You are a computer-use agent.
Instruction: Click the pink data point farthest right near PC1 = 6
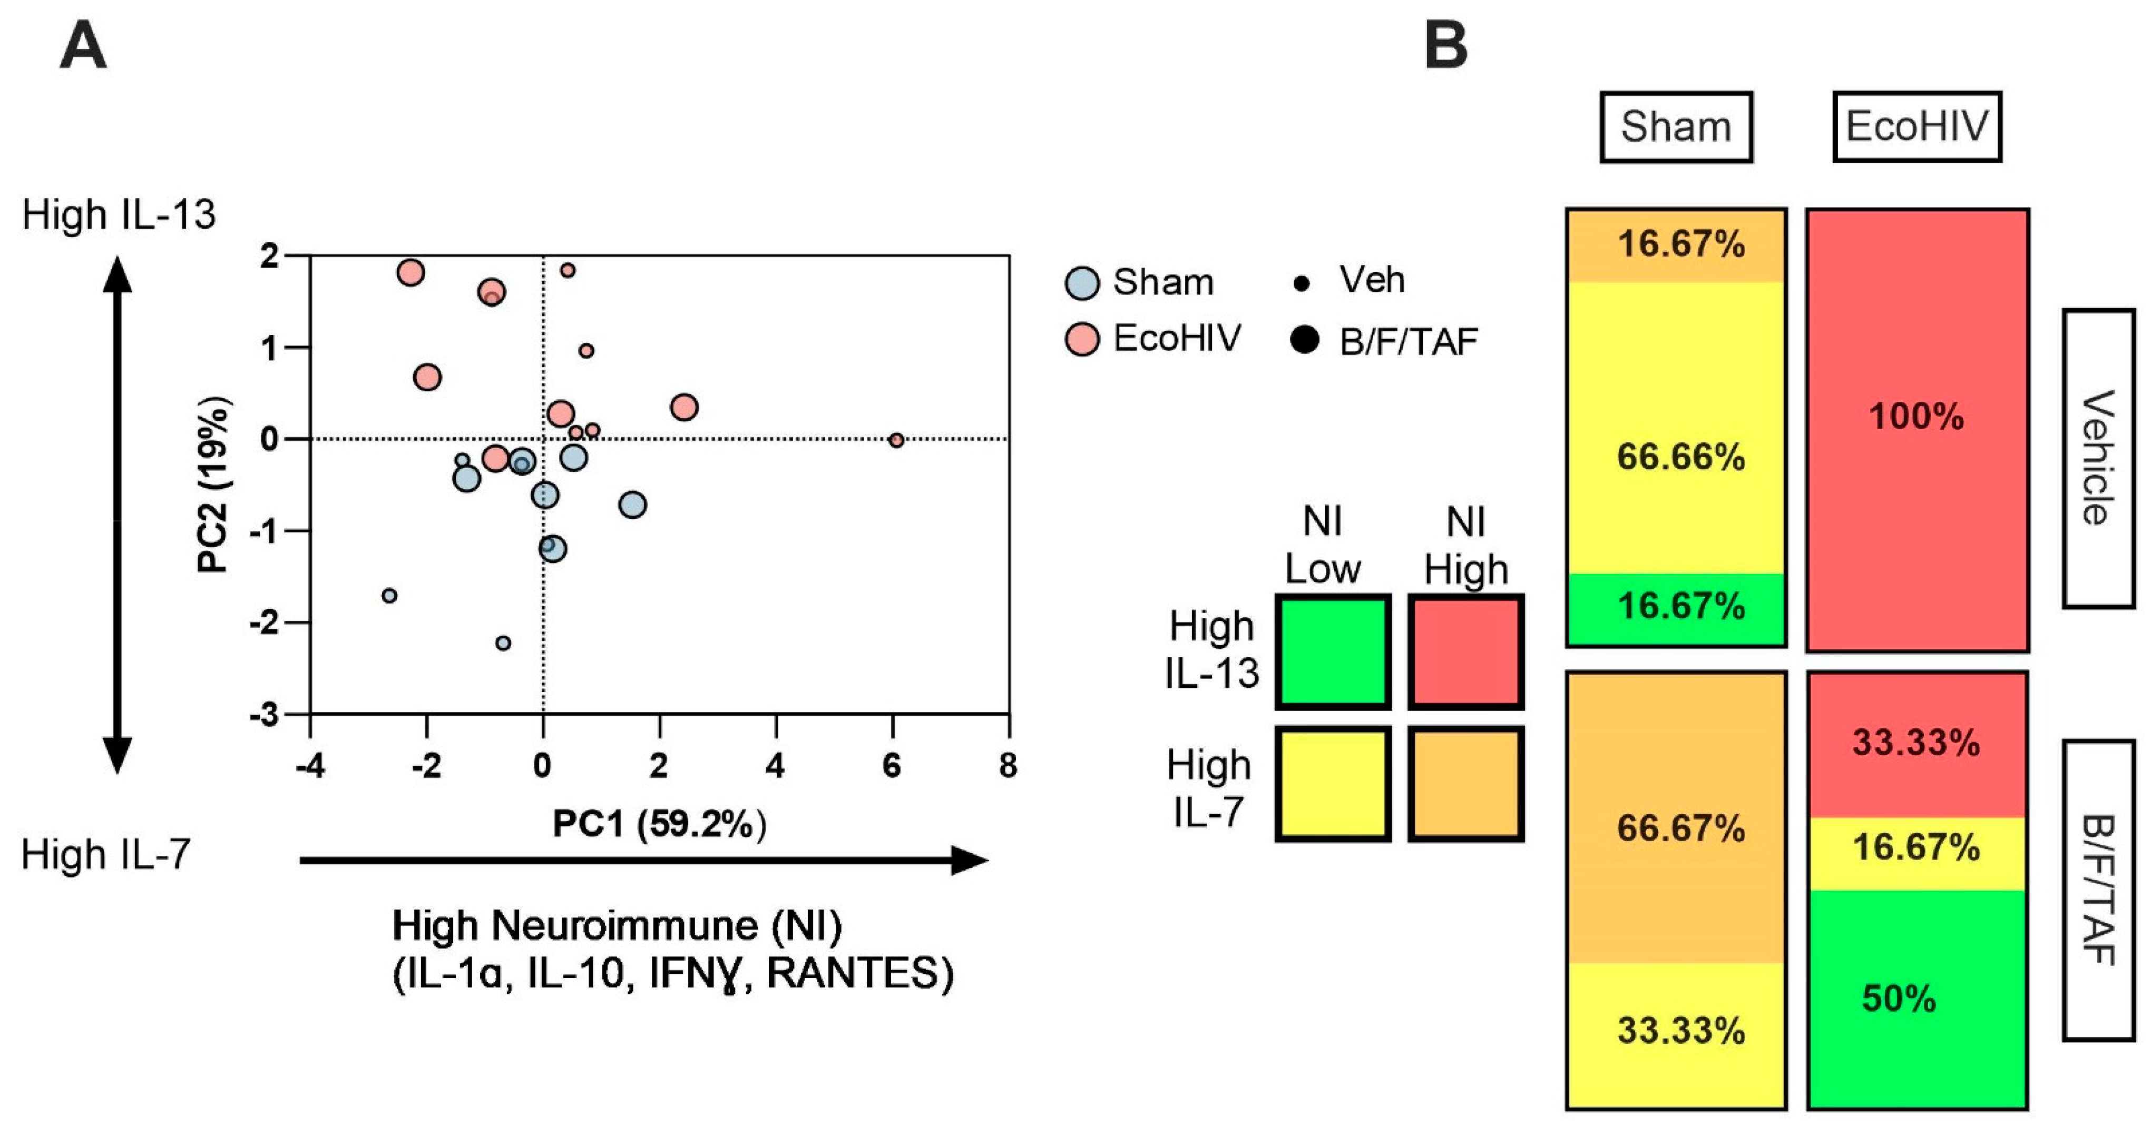click(896, 440)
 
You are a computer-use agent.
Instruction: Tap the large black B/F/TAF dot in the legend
click(1304, 340)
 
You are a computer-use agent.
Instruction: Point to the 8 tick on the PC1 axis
click(1008, 765)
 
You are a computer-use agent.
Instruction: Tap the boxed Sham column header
click(1675, 127)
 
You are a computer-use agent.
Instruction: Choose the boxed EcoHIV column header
click(1917, 127)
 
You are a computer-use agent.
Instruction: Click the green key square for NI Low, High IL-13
click(1333, 652)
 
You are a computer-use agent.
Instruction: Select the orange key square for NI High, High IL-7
click(1465, 783)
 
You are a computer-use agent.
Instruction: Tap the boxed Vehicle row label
click(2098, 458)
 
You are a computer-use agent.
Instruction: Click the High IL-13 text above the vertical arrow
click(119, 214)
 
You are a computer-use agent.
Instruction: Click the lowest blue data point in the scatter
click(503, 643)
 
